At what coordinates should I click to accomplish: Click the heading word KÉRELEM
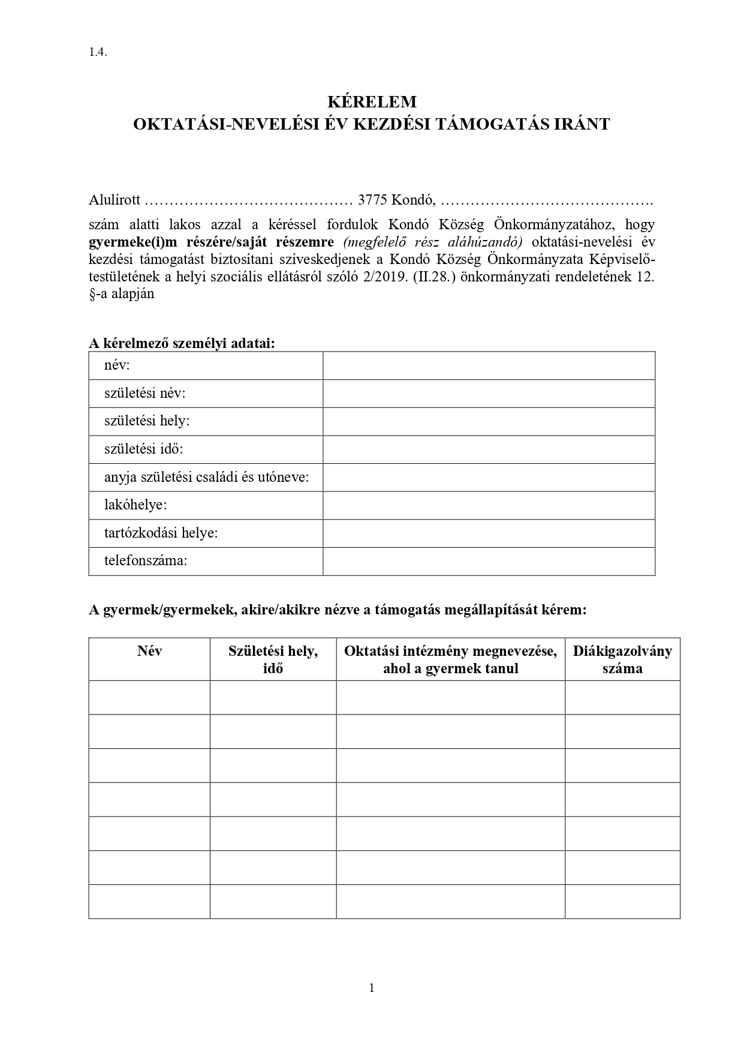(372, 101)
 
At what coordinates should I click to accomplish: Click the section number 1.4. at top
(98, 52)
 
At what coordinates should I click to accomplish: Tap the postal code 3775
(372, 199)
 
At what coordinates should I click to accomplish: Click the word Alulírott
(115, 199)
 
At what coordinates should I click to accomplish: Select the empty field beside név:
(489, 365)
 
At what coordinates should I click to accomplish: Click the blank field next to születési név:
(489, 394)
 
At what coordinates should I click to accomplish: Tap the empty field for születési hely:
(489, 421)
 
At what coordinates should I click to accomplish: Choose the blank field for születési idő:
(489, 449)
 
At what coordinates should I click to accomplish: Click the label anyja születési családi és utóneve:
(207, 478)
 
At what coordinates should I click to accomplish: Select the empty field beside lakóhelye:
(489, 505)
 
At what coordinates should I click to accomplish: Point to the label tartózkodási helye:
(161, 533)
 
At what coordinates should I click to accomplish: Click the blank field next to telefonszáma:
(489, 561)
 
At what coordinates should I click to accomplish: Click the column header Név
(149, 651)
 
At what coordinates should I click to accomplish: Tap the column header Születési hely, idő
(273, 659)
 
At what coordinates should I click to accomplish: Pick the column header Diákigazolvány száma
(622, 659)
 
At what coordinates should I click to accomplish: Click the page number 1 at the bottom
(372, 988)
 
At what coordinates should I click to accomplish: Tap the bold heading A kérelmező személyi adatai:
(182, 343)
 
